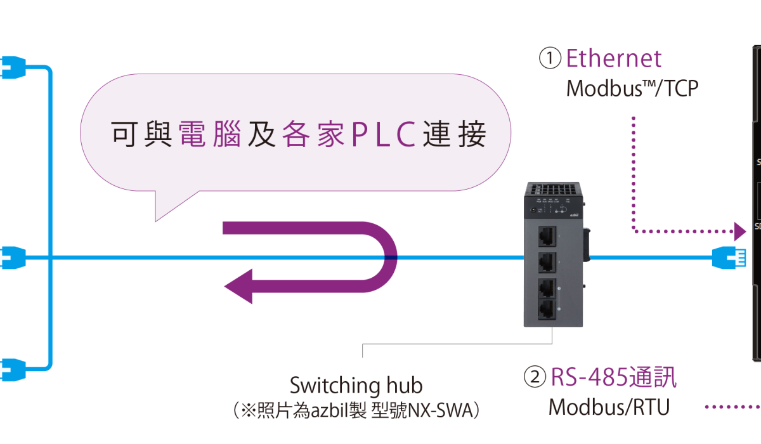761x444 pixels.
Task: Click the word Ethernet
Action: (613, 59)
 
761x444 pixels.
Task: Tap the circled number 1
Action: (550, 59)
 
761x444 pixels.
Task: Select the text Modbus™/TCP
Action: (632, 88)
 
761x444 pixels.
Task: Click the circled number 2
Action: (535, 378)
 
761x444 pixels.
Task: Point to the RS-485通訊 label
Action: (613, 377)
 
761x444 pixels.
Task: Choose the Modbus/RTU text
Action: (609, 407)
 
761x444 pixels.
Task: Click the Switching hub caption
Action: (356, 385)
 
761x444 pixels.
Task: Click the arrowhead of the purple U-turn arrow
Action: (239, 286)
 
